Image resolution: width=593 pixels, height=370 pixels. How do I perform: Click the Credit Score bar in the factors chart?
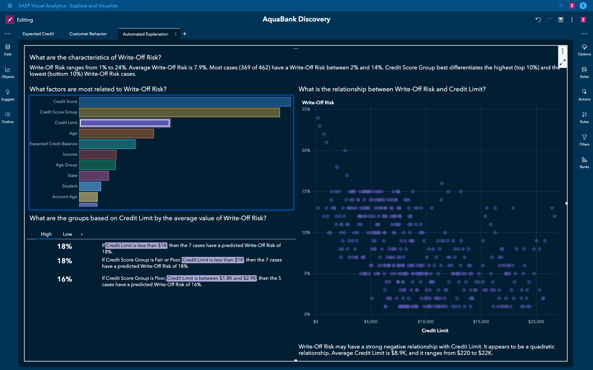pyautogui.click(x=185, y=102)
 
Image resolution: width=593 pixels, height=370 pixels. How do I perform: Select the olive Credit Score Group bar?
pyautogui.click(x=179, y=112)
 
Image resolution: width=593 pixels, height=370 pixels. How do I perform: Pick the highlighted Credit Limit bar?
pyautogui.click(x=125, y=123)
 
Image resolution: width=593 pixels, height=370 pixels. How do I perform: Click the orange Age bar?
pyautogui.click(x=116, y=134)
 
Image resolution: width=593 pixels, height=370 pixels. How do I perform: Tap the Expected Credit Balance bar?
pyautogui.click(x=107, y=144)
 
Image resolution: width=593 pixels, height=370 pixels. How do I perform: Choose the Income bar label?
pyautogui.click(x=70, y=154)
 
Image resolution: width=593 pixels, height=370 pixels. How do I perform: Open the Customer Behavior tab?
pyautogui.click(x=88, y=34)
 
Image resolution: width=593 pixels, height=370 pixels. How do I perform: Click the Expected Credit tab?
pyautogui.click(x=38, y=34)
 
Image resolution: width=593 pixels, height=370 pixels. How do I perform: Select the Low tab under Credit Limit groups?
pyautogui.click(x=67, y=234)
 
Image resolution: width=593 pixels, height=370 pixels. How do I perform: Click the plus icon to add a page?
pyautogui.click(x=185, y=34)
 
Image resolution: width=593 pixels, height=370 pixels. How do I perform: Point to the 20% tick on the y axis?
pyautogui.click(x=306, y=150)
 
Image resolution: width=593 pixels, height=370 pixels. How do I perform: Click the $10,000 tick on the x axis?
pyautogui.click(x=426, y=322)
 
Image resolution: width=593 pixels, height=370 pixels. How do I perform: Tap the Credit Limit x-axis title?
pyautogui.click(x=435, y=331)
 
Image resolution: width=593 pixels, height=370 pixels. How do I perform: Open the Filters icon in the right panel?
pyautogui.click(x=584, y=140)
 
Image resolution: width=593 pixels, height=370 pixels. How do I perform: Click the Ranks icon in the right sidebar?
pyautogui.click(x=584, y=162)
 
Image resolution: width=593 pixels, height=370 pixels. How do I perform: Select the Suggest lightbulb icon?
pyautogui.click(x=8, y=94)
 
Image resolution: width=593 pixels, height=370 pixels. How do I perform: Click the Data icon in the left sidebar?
pyautogui.click(x=8, y=49)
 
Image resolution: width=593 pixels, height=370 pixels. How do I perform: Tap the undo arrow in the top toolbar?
pyautogui.click(x=538, y=20)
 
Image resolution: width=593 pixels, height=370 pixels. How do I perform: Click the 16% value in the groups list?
pyautogui.click(x=65, y=279)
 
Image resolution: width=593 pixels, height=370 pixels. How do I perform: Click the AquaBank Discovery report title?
pyautogui.click(x=296, y=19)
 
